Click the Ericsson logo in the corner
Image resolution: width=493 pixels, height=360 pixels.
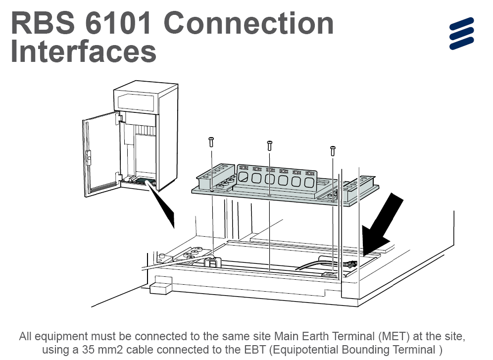(461, 34)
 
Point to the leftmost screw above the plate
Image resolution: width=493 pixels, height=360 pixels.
(211, 142)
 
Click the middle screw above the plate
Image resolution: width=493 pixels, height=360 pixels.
(269, 145)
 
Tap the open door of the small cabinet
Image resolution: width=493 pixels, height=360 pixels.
(100, 154)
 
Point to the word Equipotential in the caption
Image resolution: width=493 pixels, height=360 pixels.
(304, 350)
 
